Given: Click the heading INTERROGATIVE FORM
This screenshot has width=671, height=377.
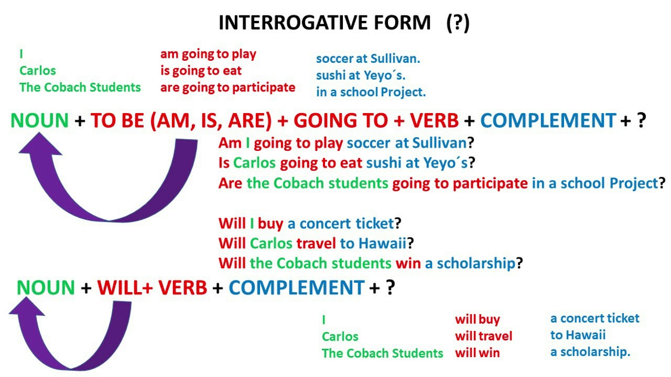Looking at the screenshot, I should [324, 23].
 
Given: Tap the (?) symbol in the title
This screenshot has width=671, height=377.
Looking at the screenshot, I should [458, 23].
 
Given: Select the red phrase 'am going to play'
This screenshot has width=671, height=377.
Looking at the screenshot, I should [208, 54].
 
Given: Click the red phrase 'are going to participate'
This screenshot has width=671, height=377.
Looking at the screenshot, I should [228, 87].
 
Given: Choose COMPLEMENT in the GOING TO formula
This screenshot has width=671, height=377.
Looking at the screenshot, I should [548, 121].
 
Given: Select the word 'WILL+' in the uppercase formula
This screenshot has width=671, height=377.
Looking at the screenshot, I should [125, 287].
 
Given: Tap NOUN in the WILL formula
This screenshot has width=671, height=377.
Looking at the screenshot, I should [46, 287].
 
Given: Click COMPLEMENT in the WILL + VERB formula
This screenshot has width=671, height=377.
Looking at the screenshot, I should [296, 287].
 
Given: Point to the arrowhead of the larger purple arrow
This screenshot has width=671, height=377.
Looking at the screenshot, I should [39, 145].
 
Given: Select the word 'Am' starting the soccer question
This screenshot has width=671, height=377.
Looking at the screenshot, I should [230, 143].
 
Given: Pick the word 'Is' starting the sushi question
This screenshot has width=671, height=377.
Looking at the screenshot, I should [224, 163].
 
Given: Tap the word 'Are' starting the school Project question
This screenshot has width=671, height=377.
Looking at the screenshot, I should [231, 183].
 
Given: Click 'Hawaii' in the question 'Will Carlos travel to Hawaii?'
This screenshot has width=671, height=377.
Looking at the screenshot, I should [382, 243].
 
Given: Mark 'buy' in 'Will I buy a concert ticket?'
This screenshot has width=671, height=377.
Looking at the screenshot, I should [270, 224].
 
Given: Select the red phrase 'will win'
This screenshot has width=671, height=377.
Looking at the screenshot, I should [477, 353].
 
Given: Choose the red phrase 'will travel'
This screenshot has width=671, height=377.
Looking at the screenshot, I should [483, 336].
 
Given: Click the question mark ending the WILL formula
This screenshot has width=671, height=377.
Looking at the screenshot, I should [389, 287].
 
